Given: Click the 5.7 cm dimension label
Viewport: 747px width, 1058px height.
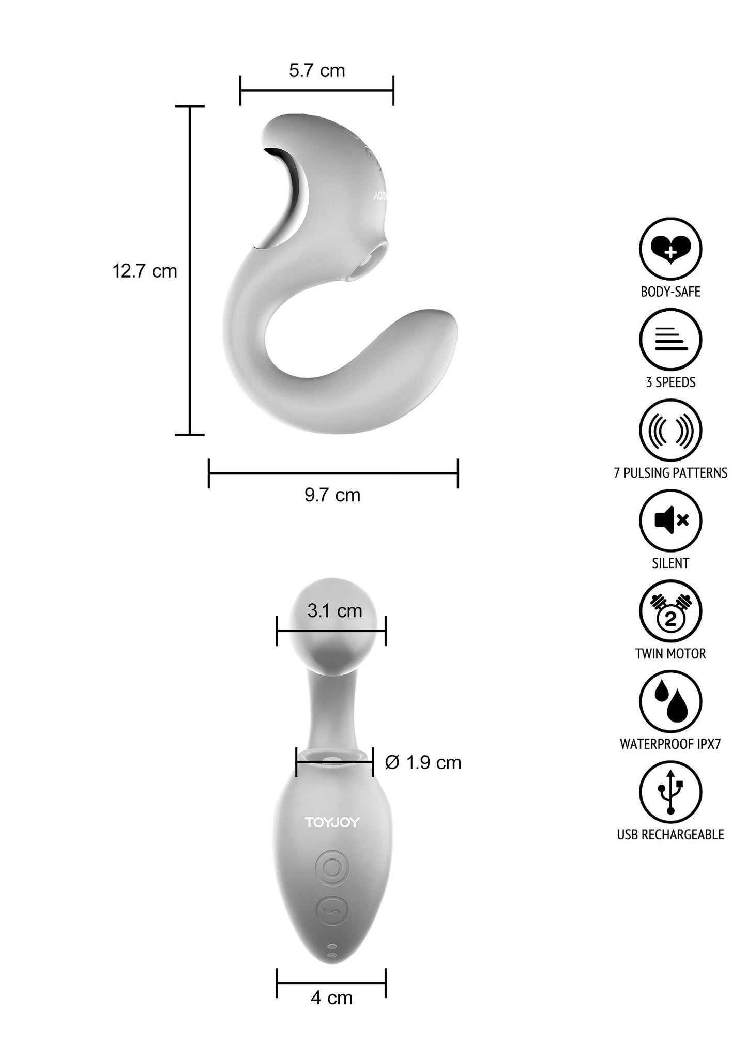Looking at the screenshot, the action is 317,70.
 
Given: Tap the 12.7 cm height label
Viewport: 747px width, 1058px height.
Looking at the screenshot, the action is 145,271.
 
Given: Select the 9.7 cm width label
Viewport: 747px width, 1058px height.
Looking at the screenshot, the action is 332,495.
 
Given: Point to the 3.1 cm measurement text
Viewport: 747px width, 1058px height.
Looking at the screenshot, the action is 334,611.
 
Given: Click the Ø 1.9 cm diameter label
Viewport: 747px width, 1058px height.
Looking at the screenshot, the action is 423,762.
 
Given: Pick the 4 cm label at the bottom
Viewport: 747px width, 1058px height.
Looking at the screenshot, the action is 332,998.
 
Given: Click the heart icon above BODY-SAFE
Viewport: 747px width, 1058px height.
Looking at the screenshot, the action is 670,249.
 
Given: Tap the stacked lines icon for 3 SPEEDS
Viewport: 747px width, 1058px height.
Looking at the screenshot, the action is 670,340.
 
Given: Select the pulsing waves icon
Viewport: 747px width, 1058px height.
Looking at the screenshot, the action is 670,430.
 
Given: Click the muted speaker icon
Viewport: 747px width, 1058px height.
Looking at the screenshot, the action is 670,520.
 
